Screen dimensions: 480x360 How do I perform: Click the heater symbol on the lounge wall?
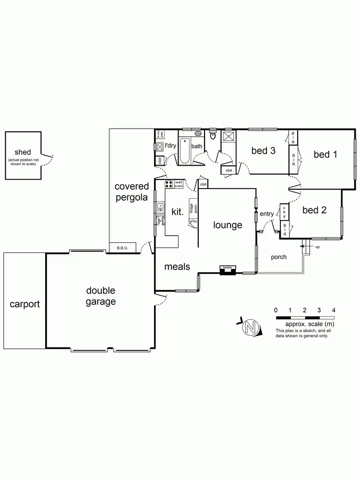pyautogui.click(x=227, y=271)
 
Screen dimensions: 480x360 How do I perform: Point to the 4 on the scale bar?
pyautogui.click(x=334, y=310)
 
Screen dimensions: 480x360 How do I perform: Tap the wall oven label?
pyautogui.click(x=179, y=184)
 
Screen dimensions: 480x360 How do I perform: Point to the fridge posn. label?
pyautogui.click(x=192, y=208)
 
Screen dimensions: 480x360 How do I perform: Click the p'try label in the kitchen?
pyautogui.click(x=193, y=221)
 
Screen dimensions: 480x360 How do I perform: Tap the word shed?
pyautogui.click(x=23, y=152)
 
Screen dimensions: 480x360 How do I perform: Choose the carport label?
pyautogui.click(x=24, y=304)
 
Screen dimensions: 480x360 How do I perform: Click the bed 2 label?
pyautogui.click(x=314, y=210)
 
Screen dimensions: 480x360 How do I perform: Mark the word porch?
pyautogui.click(x=278, y=257)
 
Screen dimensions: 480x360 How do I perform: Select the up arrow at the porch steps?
pyautogui.click(x=305, y=247)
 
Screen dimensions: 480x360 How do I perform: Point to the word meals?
pyautogui.click(x=177, y=266)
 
